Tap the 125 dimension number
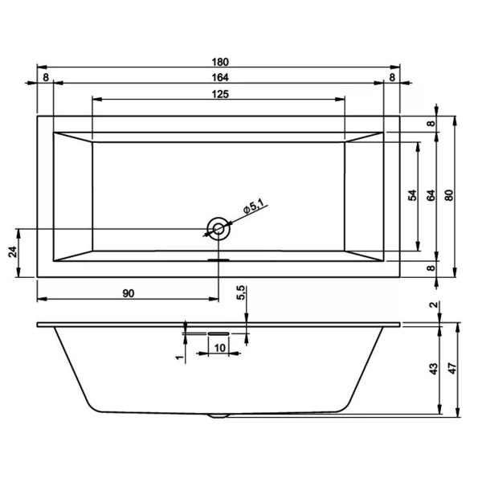[x=219, y=94]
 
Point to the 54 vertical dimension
[x=411, y=195]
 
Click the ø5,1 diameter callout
[x=255, y=206]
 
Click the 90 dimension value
[x=128, y=292]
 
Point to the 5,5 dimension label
[x=240, y=294]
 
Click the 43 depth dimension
[x=433, y=369]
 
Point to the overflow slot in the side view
[x=219, y=331]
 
